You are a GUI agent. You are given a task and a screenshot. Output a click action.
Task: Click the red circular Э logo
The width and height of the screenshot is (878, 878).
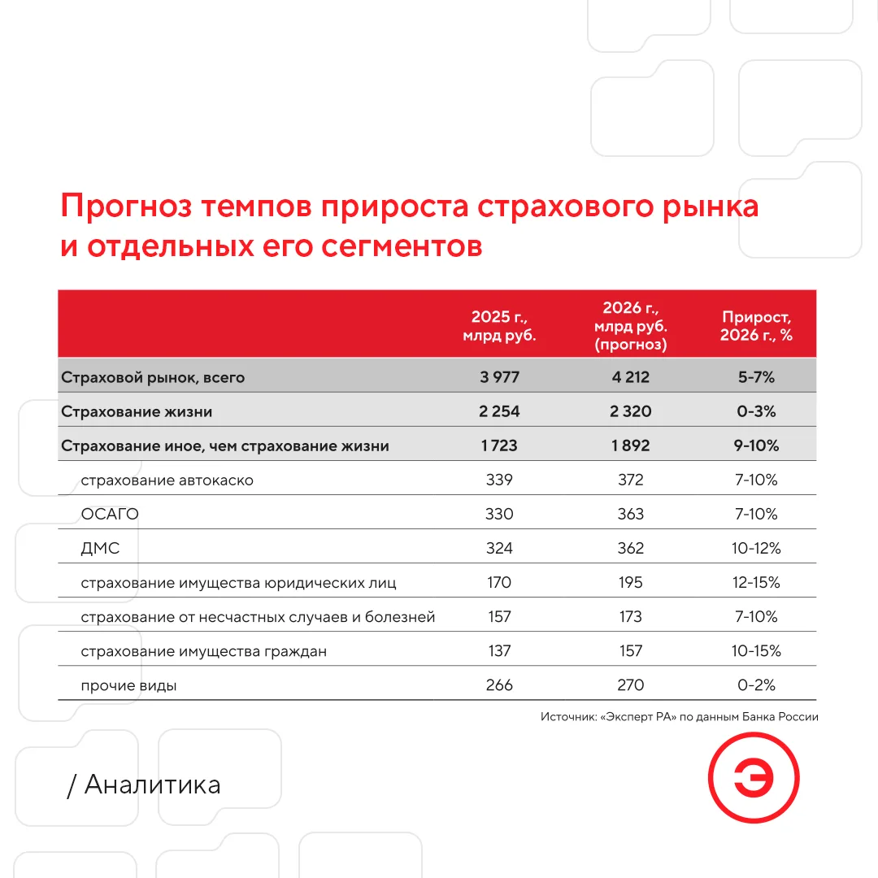coord(753,777)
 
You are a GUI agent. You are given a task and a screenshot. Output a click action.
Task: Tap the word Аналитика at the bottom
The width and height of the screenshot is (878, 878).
coord(152,785)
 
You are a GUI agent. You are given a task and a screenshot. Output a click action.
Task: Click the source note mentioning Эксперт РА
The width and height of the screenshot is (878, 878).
coord(679,717)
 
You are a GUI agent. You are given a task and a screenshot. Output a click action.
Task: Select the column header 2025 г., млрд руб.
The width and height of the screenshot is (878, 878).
coord(499,326)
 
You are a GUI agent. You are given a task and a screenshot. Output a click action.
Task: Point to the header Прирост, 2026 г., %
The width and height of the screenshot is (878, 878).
coord(756,326)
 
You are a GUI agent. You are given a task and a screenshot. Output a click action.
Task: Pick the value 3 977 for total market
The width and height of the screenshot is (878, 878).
coord(499,377)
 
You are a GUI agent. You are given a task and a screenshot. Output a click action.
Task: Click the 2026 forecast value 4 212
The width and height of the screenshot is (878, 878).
coord(631,377)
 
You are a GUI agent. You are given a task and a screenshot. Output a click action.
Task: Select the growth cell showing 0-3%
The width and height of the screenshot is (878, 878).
coord(756,411)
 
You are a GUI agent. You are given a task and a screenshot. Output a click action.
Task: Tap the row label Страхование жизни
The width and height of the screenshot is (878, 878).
coord(137,411)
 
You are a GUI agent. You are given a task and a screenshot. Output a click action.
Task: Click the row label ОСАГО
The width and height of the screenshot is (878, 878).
coord(110,514)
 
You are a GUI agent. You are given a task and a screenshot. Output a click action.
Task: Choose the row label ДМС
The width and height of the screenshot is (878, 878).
coord(100,548)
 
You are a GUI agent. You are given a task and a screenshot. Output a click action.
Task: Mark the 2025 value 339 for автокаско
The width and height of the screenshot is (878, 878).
coord(499,480)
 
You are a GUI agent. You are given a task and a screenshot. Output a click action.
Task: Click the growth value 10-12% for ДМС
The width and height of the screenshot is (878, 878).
coord(756,548)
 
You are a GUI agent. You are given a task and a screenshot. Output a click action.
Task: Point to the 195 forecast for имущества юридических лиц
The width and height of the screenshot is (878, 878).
coord(631,582)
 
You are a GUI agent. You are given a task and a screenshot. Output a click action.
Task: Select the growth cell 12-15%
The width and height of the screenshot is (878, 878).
coord(756,582)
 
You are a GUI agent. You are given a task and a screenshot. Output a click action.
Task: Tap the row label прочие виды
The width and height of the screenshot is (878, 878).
coord(128,685)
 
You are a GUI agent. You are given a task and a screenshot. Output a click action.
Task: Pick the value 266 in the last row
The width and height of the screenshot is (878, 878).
coord(499,685)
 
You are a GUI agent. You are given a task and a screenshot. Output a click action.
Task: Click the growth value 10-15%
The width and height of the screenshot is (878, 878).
coord(756,650)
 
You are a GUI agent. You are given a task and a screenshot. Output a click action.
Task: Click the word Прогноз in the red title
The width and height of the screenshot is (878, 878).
coord(126,206)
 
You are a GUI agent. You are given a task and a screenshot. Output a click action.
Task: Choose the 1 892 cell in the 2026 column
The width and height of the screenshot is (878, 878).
coord(631,446)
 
